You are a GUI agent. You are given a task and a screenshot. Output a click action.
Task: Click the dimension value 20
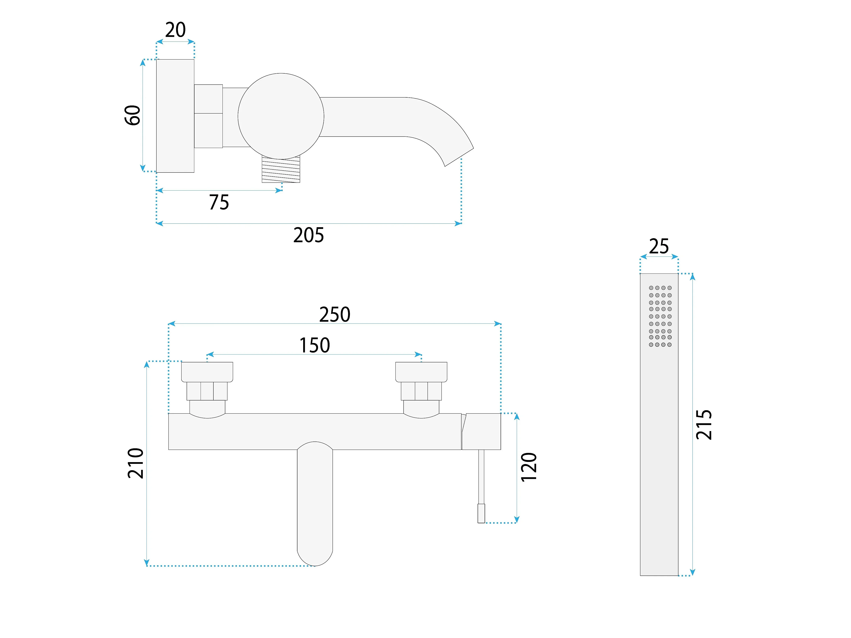[176, 30]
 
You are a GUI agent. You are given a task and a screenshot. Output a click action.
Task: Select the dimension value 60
[133, 115]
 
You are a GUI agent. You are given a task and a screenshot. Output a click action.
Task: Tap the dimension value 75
[219, 202]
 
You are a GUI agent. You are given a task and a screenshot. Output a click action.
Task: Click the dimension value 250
[335, 315]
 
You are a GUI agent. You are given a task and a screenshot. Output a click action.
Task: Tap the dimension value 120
[529, 467]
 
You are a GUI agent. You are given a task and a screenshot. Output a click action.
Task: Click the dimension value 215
[704, 424]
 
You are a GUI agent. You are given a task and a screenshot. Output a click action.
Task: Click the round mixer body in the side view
[281, 116]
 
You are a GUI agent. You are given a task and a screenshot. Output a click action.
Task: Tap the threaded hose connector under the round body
[281, 169]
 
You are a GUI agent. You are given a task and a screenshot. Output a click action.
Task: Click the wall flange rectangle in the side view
[175, 116]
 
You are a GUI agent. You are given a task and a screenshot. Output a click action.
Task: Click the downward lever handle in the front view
[315, 504]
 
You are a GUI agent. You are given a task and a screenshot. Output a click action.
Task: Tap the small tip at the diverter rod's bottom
[481, 513]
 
